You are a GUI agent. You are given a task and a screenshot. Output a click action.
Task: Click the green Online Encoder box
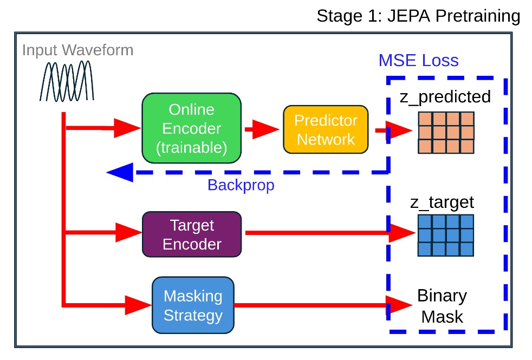pos(191,128)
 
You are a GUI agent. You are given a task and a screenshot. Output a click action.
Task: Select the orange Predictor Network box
pos(326,129)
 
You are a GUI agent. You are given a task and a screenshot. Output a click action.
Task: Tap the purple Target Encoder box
pos(191,234)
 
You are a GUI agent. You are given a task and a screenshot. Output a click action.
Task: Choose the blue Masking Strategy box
pos(193,305)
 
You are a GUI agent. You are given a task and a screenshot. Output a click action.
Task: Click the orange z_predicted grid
pos(446,133)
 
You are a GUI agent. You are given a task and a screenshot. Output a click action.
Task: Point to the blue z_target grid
pos(446,235)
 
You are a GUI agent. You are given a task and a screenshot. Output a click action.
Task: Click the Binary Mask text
pos(442,306)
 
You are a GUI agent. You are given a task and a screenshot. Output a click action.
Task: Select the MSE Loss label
pos(418,60)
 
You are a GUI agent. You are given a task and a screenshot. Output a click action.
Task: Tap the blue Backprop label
pos(241,185)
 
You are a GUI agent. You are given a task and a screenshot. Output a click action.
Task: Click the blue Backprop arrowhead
pos(118,172)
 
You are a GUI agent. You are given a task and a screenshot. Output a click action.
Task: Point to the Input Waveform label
pos(77,50)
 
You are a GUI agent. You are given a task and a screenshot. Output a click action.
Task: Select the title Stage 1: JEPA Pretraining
pos(418,16)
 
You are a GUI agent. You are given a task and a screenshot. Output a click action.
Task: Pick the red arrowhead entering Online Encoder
pos(129,128)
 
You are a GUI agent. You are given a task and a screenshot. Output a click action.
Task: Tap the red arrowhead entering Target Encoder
pos(129,234)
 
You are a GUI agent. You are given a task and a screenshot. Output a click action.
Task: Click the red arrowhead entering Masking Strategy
pos(138,305)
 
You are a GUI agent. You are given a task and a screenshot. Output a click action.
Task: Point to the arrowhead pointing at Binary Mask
pos(400,305)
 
